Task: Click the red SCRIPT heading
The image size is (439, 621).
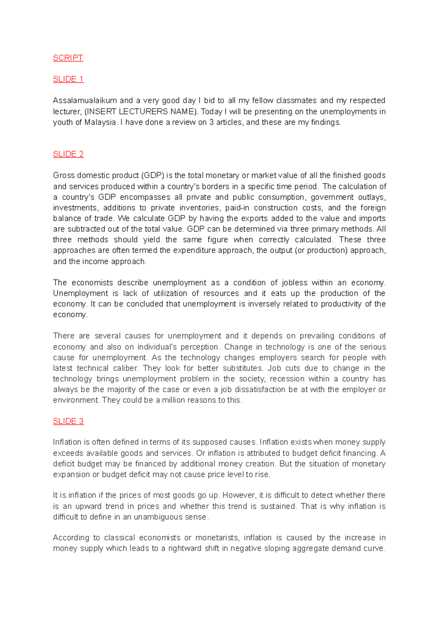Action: click(68, 58)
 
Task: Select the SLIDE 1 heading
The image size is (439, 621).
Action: click(68, 79)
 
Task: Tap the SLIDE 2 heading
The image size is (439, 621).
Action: click(68, 154)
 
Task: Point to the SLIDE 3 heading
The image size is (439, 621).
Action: click(68, 421)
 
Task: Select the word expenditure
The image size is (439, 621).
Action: click(194, 251)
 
